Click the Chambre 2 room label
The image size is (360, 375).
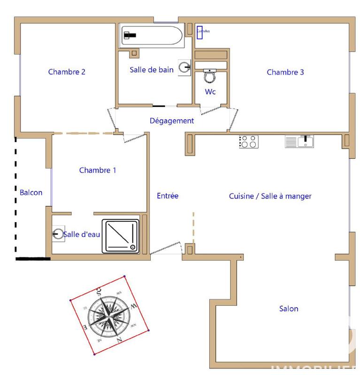pos(67,72)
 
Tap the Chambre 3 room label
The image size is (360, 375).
pos(285,72)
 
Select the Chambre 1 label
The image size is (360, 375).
pos(98,170)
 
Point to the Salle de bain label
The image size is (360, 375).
pos(152,69)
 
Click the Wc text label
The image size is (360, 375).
pos(210,92)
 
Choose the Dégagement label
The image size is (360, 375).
pos(172,120)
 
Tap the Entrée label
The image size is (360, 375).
pos(168,196)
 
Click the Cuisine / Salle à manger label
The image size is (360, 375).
pos(270,196)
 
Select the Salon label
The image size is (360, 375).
pos(289,308)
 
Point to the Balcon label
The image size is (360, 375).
pos(31,192)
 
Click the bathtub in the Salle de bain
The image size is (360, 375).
pos(150,35)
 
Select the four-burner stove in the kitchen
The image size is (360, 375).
pos(248,142)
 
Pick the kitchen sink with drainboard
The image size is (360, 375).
pos(299,141)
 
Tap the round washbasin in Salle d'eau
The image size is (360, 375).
pos(58,233)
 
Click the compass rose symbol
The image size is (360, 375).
pos(109,315)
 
